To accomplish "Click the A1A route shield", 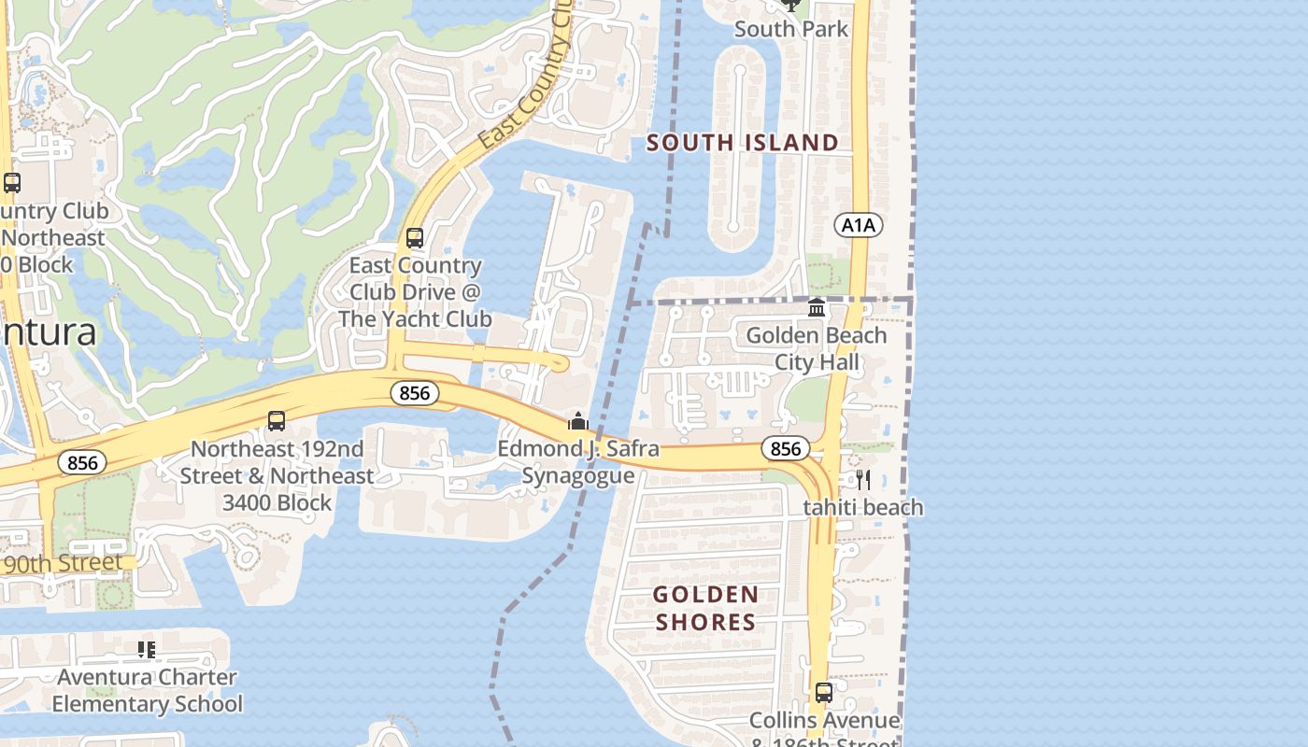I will coord(858,225).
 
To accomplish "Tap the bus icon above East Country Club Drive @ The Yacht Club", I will coord(415,238).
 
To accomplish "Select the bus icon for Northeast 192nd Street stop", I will coord(277,421).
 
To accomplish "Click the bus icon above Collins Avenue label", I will coord(823,693).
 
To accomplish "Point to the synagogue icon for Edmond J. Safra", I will coord(578,422).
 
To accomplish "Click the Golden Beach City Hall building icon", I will coord(817,307).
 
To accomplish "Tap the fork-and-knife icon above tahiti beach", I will coord(863,480).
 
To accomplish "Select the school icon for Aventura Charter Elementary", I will coord(147,649).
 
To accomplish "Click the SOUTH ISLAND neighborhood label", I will coord(743,143).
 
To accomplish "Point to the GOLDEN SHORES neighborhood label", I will coord(705,608).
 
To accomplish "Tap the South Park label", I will coord(791,29).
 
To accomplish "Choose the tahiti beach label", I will coord(863,508).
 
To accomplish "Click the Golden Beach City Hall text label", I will coord(817,348).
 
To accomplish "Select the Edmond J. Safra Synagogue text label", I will coord(578,462).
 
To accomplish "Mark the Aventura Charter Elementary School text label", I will coord(148,690).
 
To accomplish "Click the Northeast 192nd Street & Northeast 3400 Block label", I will coord(277,476).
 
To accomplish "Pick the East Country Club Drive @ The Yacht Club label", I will coord(415,292).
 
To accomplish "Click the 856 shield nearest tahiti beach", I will coord(785,449).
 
